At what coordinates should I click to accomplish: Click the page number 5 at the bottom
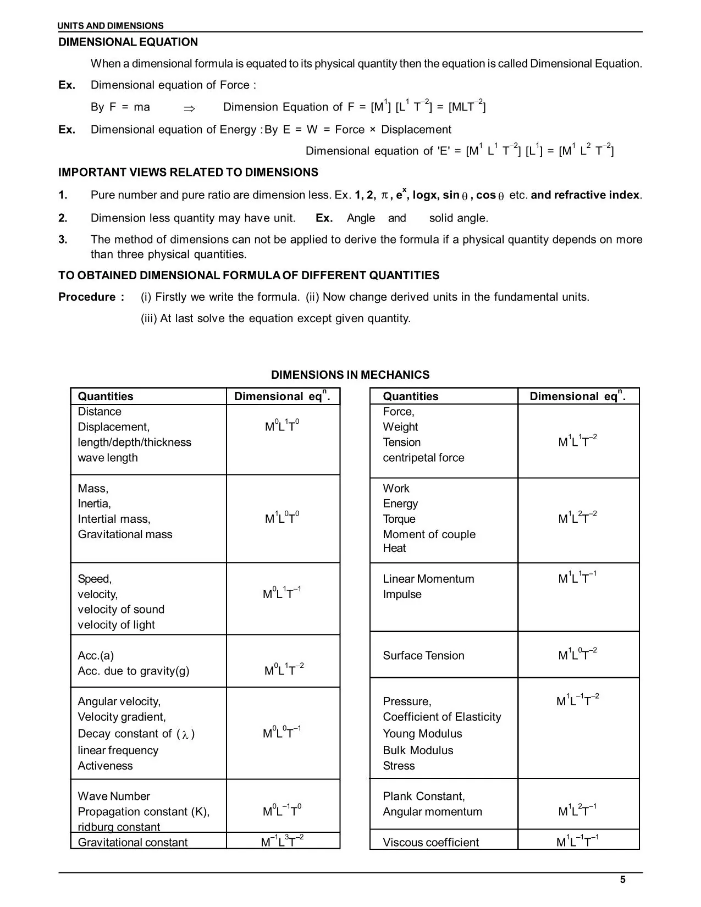(x=622, y=880)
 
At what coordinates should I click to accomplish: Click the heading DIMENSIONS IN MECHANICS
(x=350, y=375)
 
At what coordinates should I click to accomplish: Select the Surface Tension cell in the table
(x=423, y=655)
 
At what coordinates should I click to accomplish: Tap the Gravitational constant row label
(x=133, y=842)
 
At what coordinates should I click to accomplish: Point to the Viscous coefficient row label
(x=430, y=842)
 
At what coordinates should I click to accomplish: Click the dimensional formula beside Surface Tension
(x=577, y=654)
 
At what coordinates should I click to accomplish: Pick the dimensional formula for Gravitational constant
(x=282, y=841)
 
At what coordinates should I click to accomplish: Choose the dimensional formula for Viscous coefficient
(x=577, y=841)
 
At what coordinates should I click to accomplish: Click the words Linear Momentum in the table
(x=428, y=579)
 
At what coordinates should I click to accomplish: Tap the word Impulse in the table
(x=402, y=594)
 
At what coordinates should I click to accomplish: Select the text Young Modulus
(x=422, y=734)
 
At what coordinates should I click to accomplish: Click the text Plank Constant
(x=423, y=796)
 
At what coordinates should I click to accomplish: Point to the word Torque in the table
(x=399, y=519)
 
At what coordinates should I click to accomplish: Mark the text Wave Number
(x=114, y=796)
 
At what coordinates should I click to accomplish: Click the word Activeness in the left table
(x=105, y=766)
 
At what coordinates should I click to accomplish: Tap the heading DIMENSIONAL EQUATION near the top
(x=128, y=42)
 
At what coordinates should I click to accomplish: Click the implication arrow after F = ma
(x=189, y=108)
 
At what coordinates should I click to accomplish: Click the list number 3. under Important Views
(x=63, y=240)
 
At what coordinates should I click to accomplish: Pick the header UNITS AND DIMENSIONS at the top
(x=111, y=26)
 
